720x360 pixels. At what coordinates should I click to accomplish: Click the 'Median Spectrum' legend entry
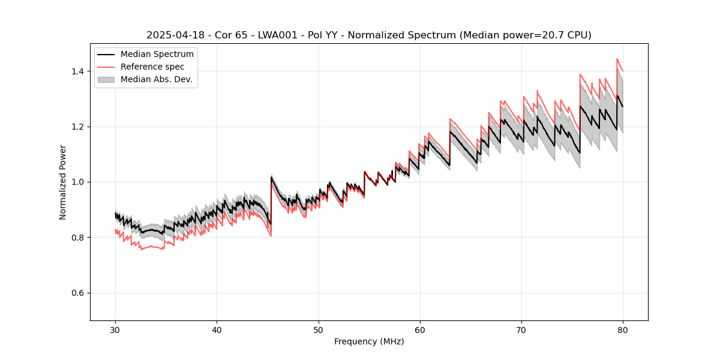click(157, 55)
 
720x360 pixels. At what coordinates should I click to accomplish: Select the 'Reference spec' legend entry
click(152, 67)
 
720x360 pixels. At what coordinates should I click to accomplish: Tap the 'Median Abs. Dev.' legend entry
click(156, 79)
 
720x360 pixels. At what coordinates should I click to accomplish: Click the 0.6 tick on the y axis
click(79, 293)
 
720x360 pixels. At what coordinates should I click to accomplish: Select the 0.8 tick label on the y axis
click(79, 238)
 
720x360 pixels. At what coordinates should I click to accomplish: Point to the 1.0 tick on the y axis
click(79, 182)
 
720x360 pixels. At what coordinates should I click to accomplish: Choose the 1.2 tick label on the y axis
click(79, 127)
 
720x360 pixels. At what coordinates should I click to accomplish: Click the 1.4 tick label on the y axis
click(79, 71)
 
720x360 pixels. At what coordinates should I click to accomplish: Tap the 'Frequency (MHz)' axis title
click(369, 341)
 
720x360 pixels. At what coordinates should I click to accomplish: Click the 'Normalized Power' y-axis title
click(63, 182)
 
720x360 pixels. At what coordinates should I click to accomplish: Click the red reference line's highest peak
click(617, 59)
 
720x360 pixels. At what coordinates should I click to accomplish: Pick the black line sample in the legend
click(107, 55)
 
